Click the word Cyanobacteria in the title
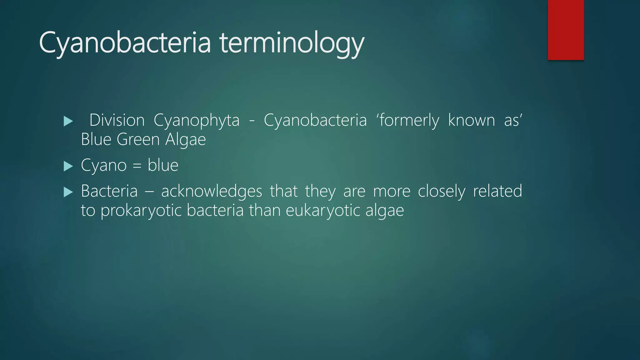pos(125,42)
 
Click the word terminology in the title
pos(292,43)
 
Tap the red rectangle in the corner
pos(566,30)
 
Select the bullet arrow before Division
pos(68,121)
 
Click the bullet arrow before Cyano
pos(68,166)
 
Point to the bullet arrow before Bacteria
pos(68,192)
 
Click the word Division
pos(117,120)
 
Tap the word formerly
pos(409,120)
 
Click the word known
pos(471,120)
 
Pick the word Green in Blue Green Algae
pos(138,139)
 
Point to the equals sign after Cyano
pos(137,166)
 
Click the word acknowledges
pos(212,191)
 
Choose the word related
pos(497,191)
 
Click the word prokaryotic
pos(141,211)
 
